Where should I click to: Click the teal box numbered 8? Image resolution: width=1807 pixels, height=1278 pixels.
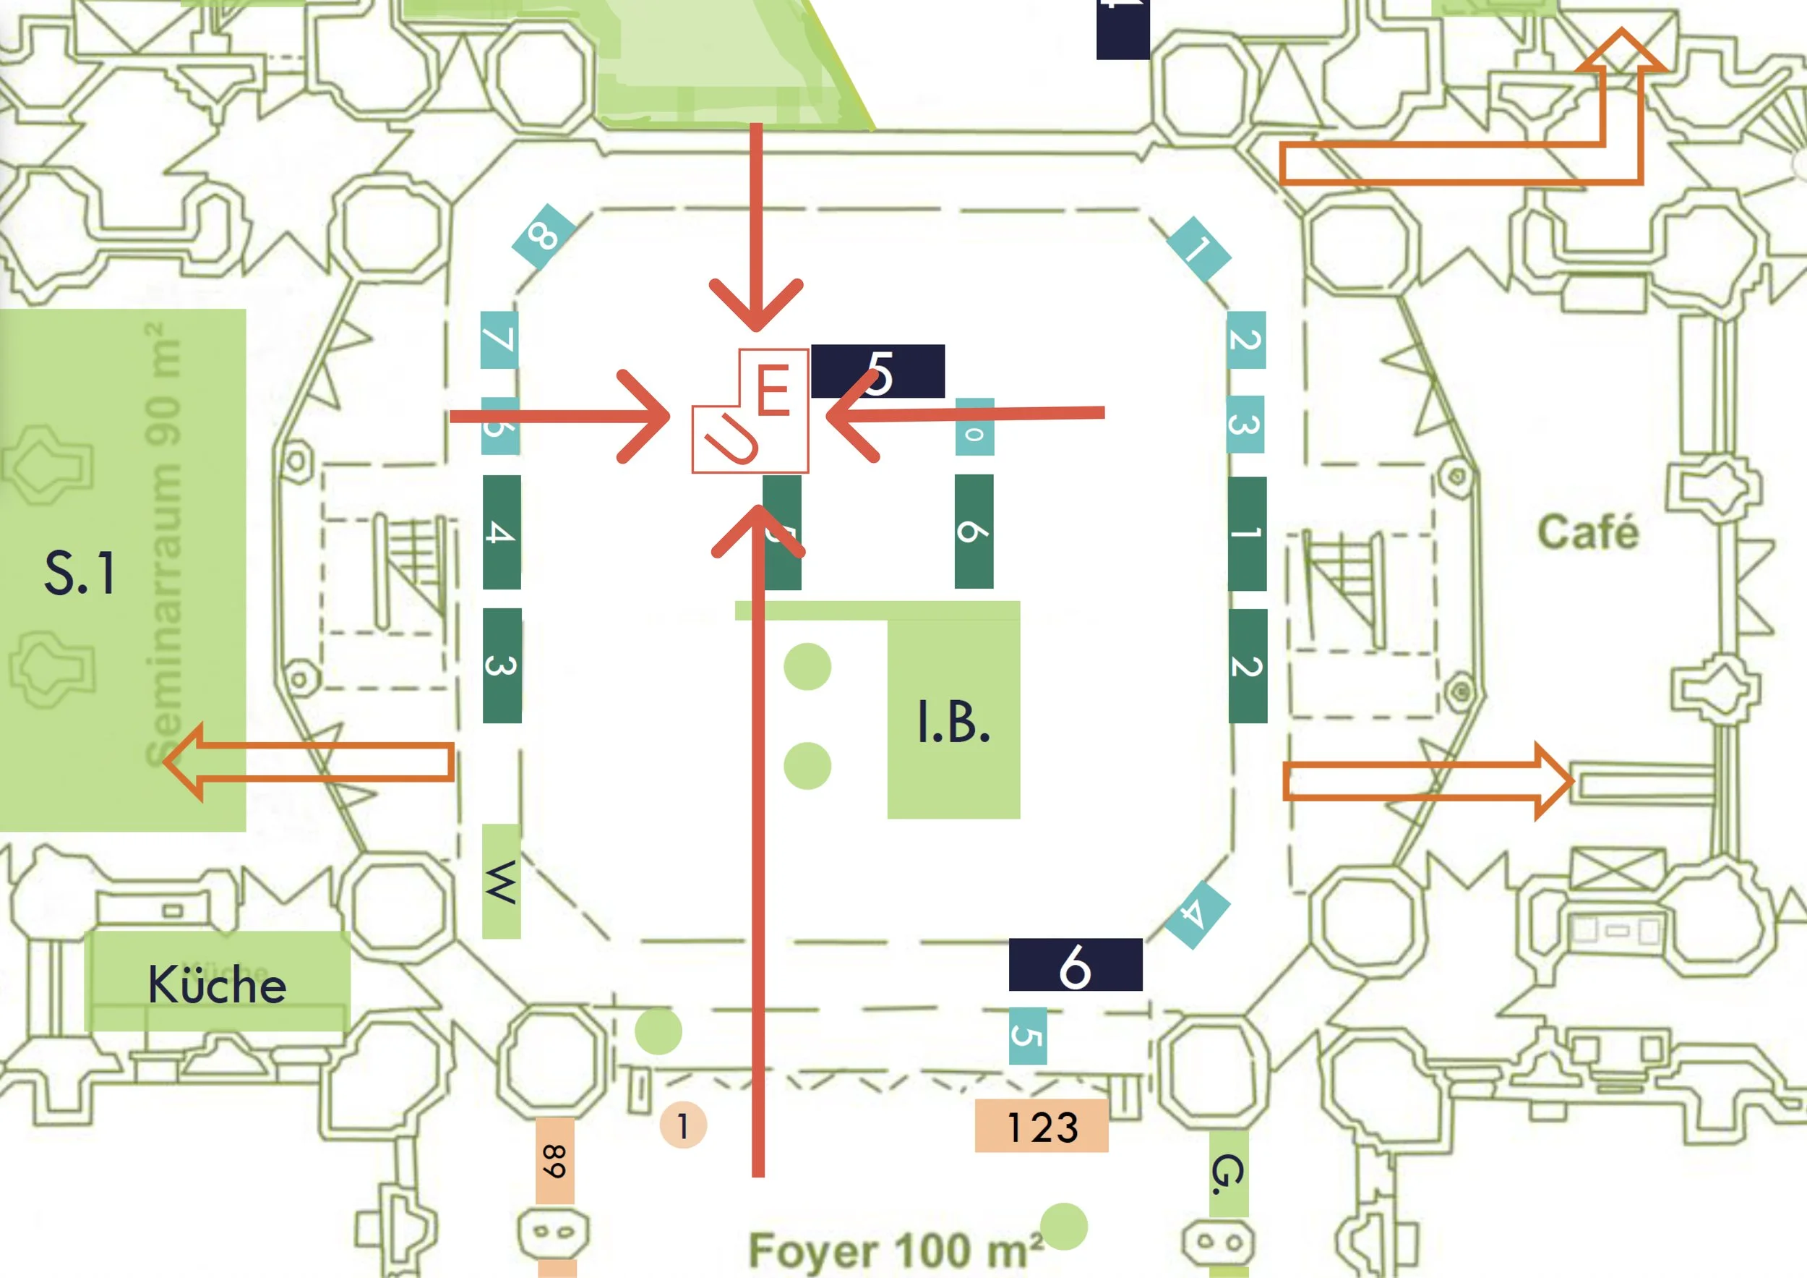click(x=543, y=236)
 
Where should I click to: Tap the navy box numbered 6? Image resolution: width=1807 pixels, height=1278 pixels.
click(x=1075, y=965)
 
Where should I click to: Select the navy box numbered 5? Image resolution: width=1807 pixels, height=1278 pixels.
click(x=877, y=371)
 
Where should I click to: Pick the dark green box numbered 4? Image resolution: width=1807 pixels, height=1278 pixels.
click(x=502, y=532)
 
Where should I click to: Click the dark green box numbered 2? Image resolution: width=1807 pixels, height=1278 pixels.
click(x=1248, y=665)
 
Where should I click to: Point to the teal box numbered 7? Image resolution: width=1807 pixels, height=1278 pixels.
click(x=499, y=339)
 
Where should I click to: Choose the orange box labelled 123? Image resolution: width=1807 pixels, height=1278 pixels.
click(x=1042, y=1126)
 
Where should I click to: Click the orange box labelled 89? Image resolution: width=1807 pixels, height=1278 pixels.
click(x=555, y=1161)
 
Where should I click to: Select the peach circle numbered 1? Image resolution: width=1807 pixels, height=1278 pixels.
click(x=683, y=1125)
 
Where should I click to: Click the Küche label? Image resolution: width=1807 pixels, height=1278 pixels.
click(x=218, y=984)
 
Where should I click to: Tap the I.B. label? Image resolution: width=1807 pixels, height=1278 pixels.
click(x=953, y=722)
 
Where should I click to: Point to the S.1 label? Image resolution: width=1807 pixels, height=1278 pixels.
click(x=80, y=573)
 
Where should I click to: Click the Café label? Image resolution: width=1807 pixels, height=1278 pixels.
click(x=1588, y=532)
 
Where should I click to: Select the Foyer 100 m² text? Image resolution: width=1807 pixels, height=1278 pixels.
click(x=896, y=1250)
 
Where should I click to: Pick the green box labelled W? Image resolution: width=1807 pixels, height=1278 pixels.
click(x=502, y=881)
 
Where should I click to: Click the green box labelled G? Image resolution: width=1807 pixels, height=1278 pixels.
click(x=1228, y=1173)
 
